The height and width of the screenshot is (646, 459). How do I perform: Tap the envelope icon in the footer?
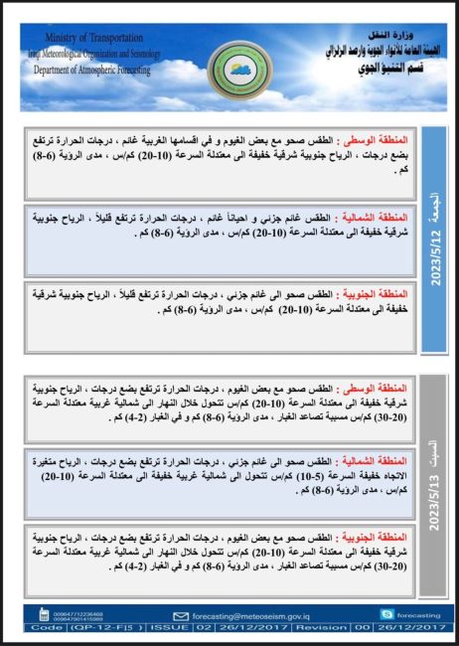tap(180, 615)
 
